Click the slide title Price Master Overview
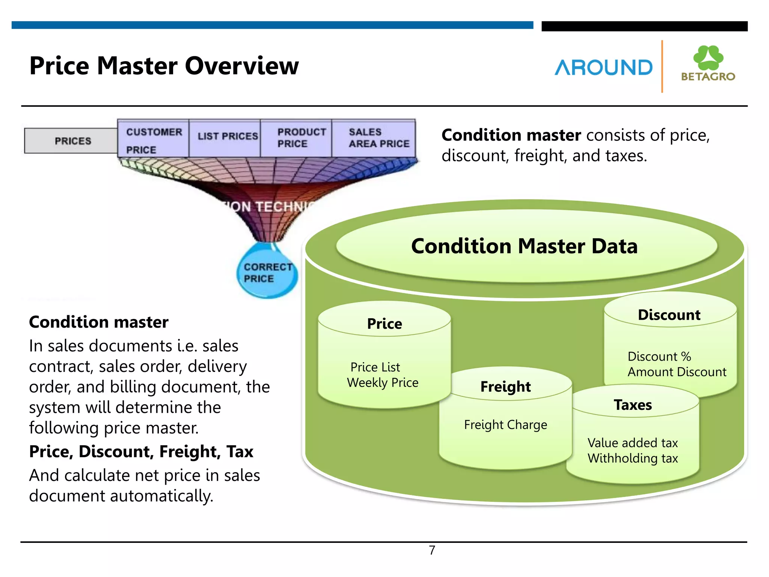tap(164, 66)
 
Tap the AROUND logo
tap(603, 68)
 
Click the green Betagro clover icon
tap(708, 57)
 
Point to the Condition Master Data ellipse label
tap(524, 246)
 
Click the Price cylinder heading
tap(384, 323)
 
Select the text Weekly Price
tap(382, 382)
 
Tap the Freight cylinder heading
tap(505, 387)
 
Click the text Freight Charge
tap(505, 425)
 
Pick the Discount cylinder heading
tap(669, 315)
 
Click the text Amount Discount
tap(677, 372)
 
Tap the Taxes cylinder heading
tap(633, 405)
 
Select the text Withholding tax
tap(633, 458)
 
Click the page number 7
tap(432, 550)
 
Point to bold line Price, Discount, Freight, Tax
tap(141, 452)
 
